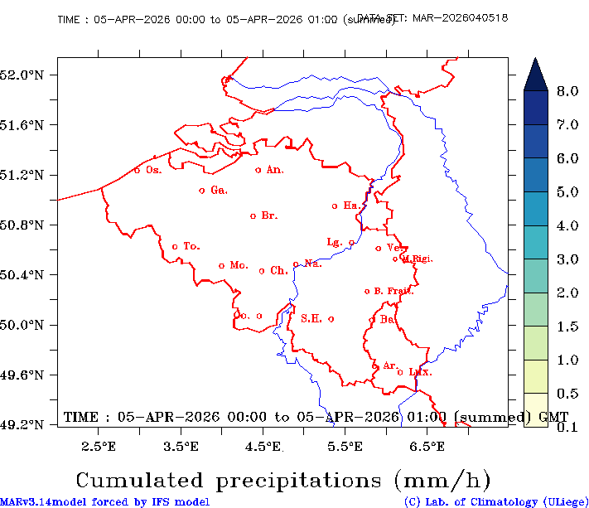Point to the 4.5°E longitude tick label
pos(264,448)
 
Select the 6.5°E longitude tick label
pos(428,448)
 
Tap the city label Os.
pos(153,170)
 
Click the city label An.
pos(275,170)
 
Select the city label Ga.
pos(219,191)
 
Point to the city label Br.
pos(269,215)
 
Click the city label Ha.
pos(351,206)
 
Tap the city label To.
pos(191,246)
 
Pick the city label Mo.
pos(239,265)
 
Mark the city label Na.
pos(312,264)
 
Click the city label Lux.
pos(421,372)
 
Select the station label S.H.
pos(311,318)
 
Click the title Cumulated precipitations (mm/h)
pos(283,480)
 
